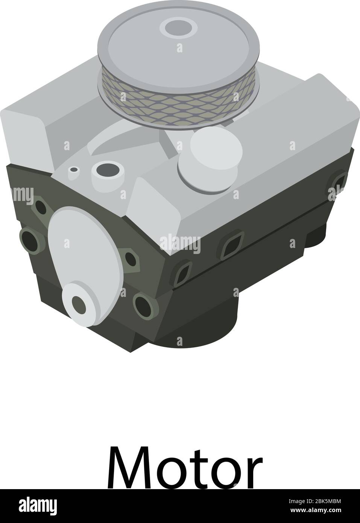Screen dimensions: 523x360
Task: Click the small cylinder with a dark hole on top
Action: [108, 171]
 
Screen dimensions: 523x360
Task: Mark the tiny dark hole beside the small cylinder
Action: [74, 170]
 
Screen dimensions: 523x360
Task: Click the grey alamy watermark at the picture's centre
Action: [180, 243]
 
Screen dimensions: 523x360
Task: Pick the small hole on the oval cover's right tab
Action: [130, 258]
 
